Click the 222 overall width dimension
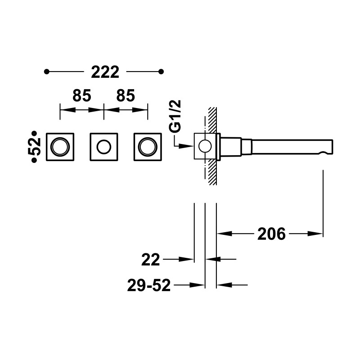(x=105, y=72)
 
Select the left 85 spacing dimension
(x=82, y=95)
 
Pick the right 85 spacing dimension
(x=126, y=95)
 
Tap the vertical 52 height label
(x=34, y=147)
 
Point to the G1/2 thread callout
(x=176, y=116)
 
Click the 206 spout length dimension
(x=271, y=234)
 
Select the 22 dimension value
(x=151, y=260)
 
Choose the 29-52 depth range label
(x=149, y=285)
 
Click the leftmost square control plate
(x=60, y=133)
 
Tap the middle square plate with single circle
(x=104, y=133)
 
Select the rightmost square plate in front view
(x=148, y=133)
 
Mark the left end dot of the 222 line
(x=47, y=72)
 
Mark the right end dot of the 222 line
(x=161, y=72)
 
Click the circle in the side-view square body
(x=205, y=140)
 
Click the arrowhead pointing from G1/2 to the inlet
(x=186, y=146)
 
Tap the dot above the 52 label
(x=34, y=133)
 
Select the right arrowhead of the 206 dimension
(x=315, y=234)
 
